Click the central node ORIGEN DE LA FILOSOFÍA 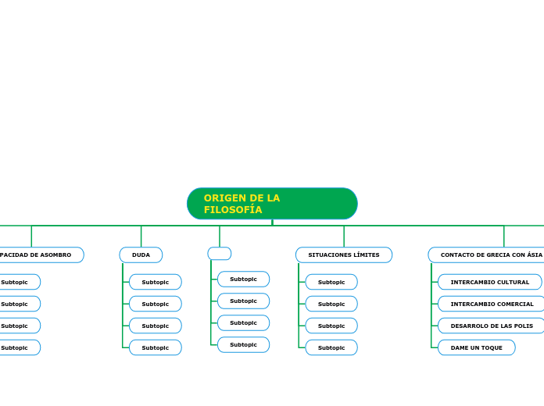coord(272,204)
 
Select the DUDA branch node coord(141,255)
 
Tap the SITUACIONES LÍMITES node coord(344,255)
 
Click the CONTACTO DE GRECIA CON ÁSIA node coord(489,255)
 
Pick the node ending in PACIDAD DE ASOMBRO coord(39,255)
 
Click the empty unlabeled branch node coord(220,254)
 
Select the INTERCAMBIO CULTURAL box coord(489,282)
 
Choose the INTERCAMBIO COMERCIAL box coord(492,304)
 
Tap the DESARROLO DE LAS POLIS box coord(492,326)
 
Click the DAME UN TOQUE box coord(476,347)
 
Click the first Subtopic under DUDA coord(155,282)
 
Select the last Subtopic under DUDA coord(155,347)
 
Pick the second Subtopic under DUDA coord(155,304)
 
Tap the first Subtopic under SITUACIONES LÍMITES coord(331,282)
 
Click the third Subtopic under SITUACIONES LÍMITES coord(331,326)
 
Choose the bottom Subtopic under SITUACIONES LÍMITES coord(331,347)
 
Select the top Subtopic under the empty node coord(243,280)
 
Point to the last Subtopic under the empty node coord(243,345)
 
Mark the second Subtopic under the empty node coord(243,301)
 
